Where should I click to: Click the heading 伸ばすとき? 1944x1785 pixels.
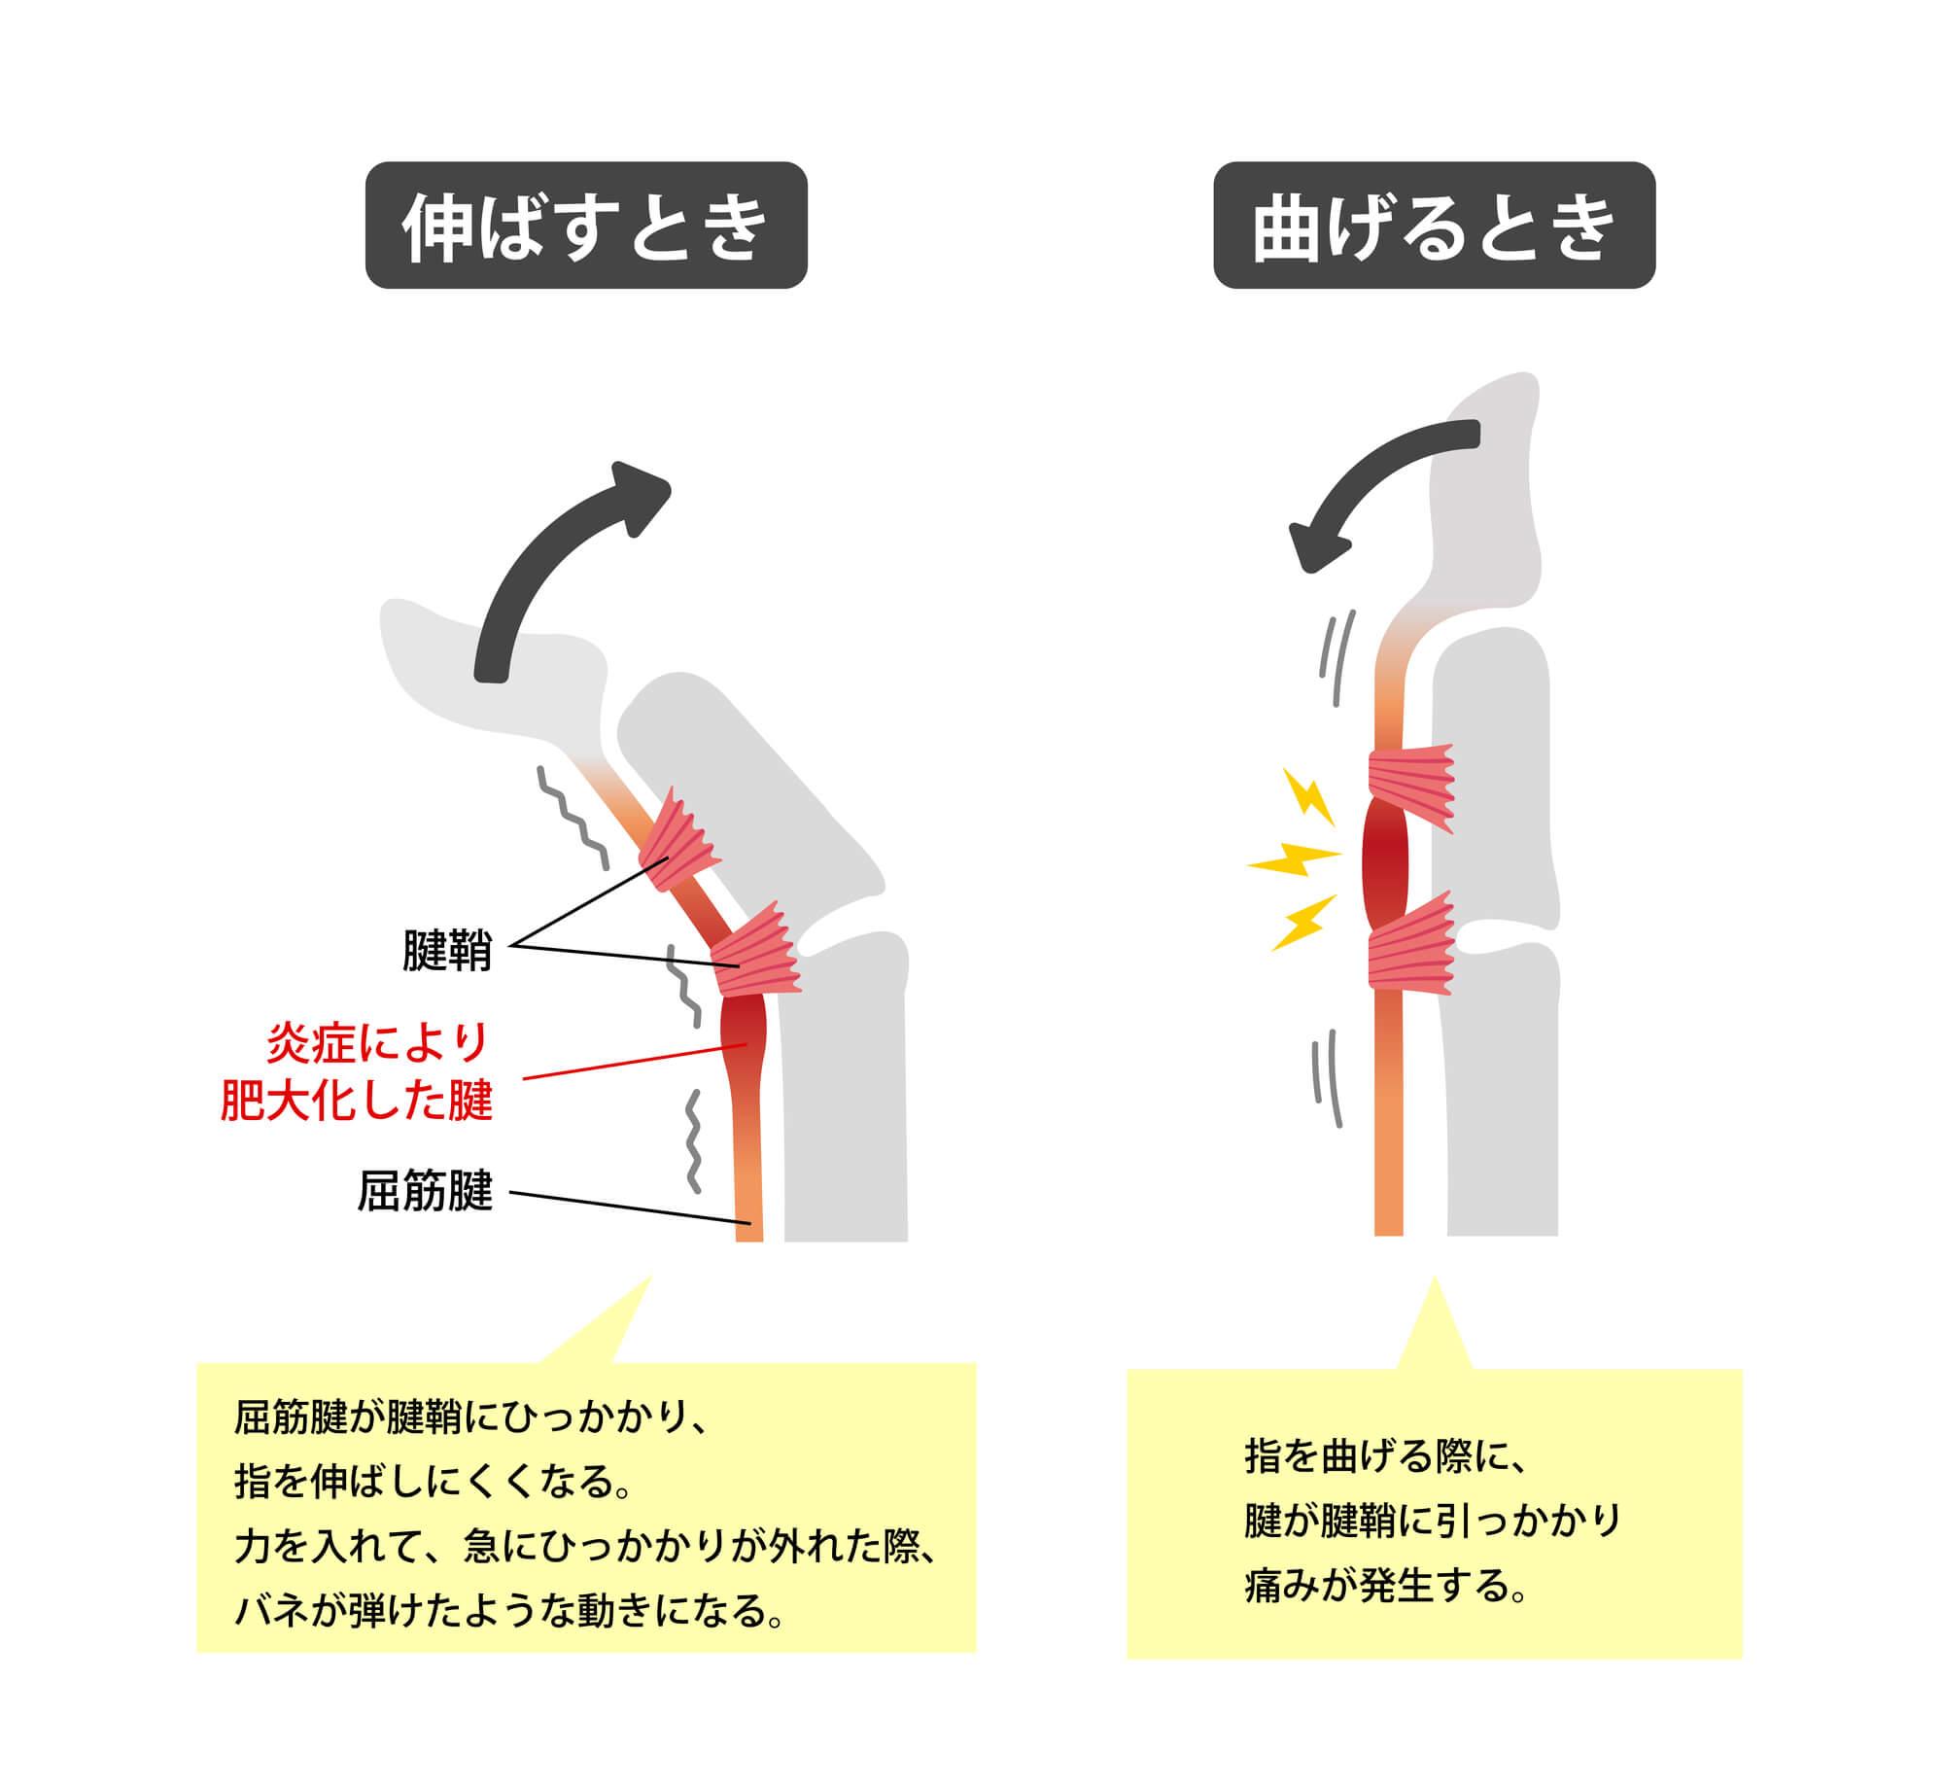(585, 226)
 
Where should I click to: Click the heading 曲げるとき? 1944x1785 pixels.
(1434, 226)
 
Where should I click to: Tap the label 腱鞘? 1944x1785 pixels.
(447, 951)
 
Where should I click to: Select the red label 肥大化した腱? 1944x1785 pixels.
(358, 1102)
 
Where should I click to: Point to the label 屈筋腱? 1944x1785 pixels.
(426, 1191)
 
